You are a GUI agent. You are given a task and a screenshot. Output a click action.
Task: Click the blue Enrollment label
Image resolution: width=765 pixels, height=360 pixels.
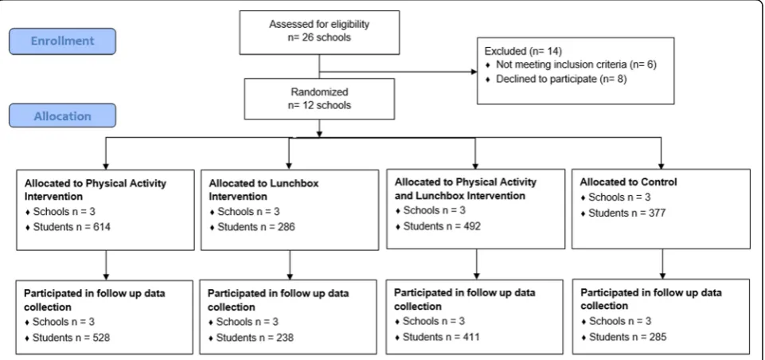(62, 41)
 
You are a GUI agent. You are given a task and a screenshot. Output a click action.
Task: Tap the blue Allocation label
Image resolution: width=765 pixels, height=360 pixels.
(62, 115)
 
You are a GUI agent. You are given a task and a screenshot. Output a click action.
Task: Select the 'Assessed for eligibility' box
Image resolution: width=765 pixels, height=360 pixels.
(319, 32)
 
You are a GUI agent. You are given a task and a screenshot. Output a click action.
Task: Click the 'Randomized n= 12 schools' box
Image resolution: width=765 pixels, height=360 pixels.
(319, 99)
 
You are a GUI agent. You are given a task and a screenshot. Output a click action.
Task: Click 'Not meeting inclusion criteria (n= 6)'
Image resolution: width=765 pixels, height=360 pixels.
(576, 65)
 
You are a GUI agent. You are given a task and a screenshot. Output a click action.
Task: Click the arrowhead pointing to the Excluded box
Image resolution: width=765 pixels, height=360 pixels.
(474, 72)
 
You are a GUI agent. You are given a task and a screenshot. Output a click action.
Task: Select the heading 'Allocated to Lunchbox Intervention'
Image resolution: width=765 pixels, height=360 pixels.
(263, 190)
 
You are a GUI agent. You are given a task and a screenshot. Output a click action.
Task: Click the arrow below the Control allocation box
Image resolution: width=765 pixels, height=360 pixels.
(662, 264)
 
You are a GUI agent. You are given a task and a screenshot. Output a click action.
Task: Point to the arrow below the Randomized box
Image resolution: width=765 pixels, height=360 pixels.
(319, 128)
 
